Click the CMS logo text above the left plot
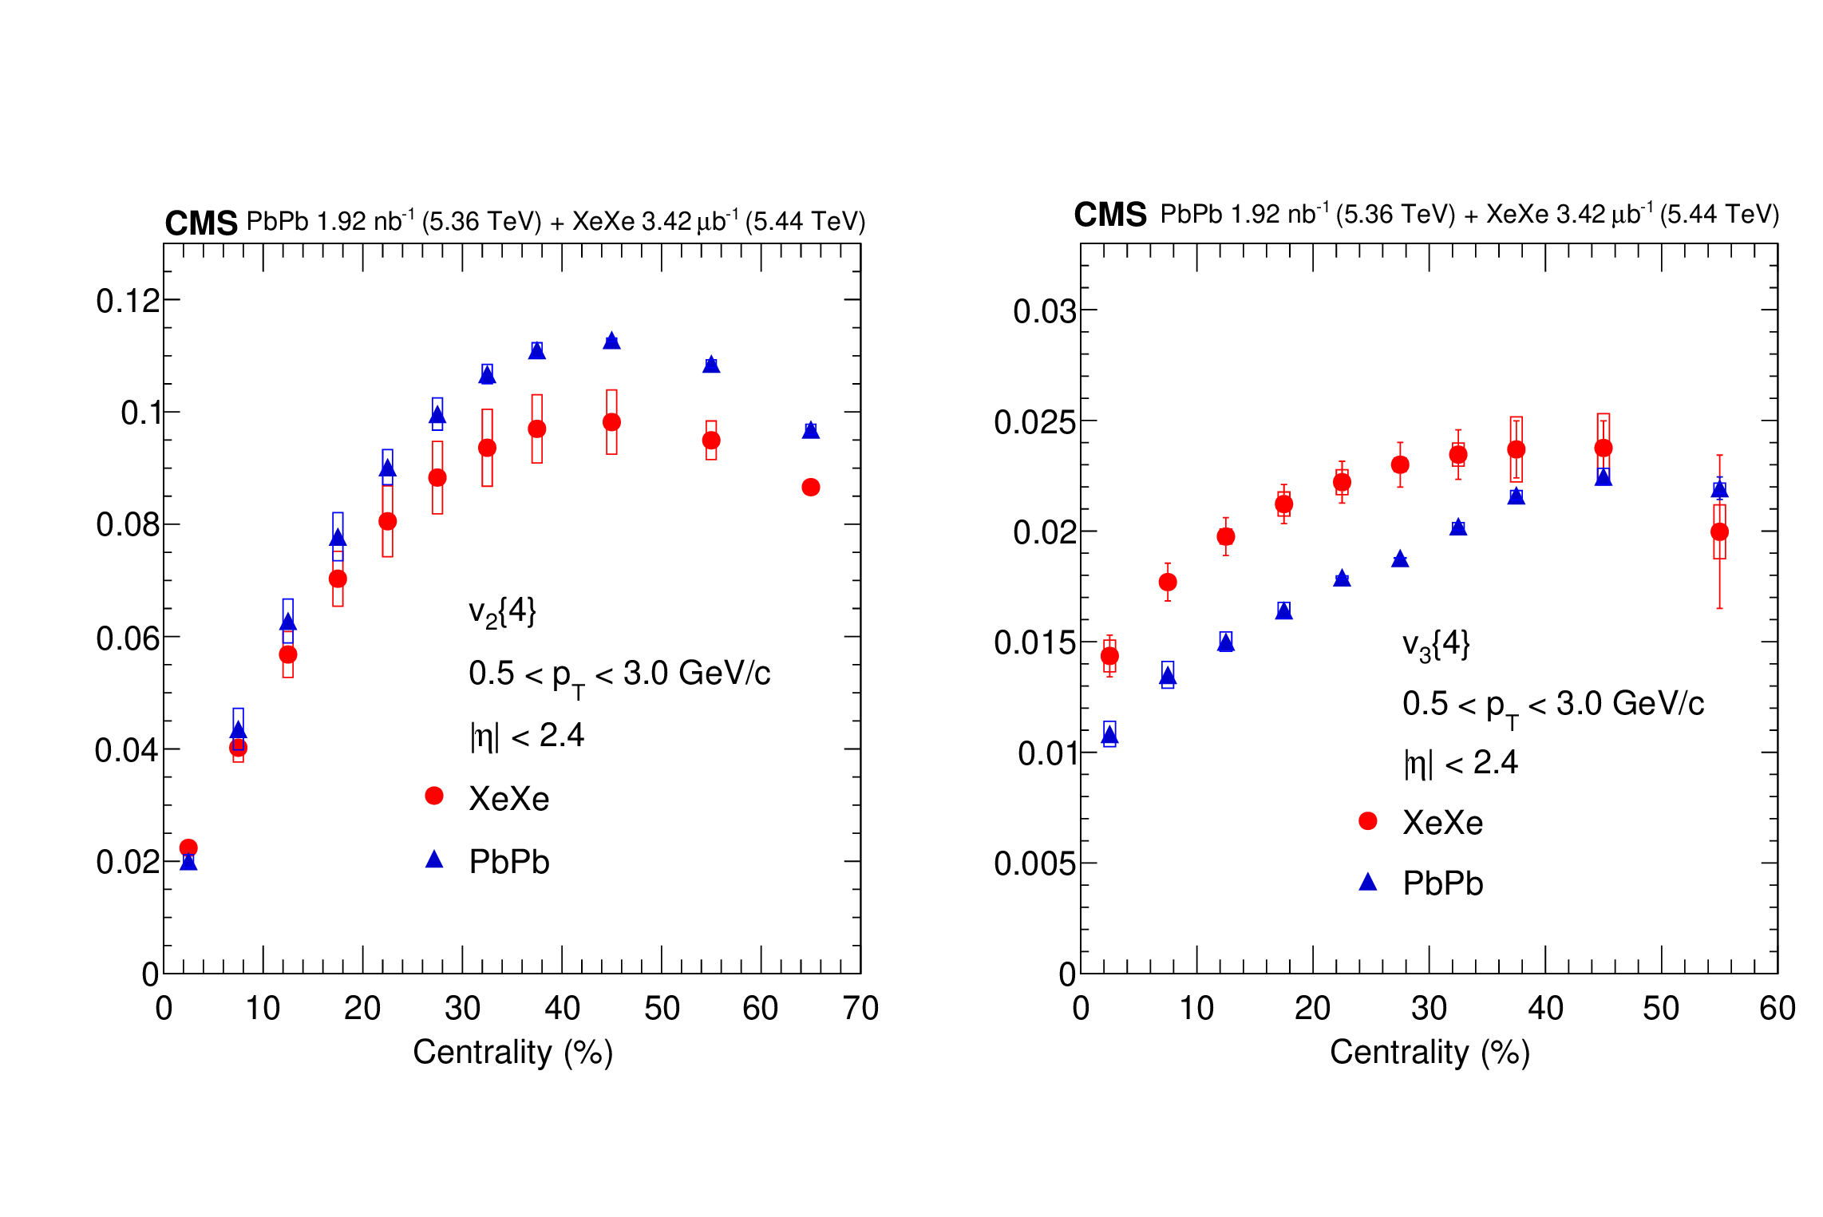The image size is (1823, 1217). click(x=200, y=223)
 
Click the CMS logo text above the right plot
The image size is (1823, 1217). click(x=1109, y=215)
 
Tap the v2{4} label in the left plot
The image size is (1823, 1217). click(x=502, y=613)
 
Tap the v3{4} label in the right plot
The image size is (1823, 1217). click(x=1435, y=645)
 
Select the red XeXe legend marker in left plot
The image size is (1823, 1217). click(x=434, y=796)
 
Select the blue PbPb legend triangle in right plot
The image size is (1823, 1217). click(x=1368, y=882)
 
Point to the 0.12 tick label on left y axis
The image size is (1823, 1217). click(x=128, y=302)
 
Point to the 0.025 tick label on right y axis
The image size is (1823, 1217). click(x=1034, y=422)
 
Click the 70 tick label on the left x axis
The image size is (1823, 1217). click(x=860, y=1009)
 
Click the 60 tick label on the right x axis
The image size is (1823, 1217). click(x=1777, y=1009)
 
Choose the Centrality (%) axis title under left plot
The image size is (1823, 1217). click(x=512, y=1053)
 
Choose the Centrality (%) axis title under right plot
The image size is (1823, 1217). click(x=1430, y=1053)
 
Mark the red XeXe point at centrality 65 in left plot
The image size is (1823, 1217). click(x=811, y=488)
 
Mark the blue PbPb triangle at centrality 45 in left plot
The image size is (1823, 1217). click(x=611, y=341)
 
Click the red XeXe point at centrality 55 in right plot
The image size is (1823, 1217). click(x=1719, y=531)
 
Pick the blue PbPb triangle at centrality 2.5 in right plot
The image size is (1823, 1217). click(x=1109, y=736)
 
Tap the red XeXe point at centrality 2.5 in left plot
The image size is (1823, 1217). click(x=188, y=848)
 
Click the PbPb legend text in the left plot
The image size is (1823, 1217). click(x=509, y=862)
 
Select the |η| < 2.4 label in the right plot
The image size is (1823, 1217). click(x=1461, y=763)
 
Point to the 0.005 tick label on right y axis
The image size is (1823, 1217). click(x=1034, y=864)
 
